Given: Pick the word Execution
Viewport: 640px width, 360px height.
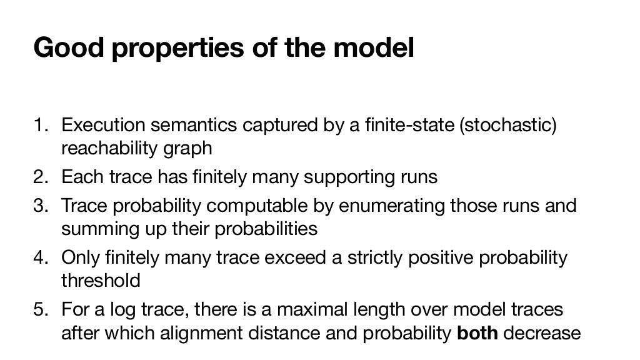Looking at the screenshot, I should coord(99,125).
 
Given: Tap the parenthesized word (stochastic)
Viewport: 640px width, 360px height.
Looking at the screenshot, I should coord(507,125).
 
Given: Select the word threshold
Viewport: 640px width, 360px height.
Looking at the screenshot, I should coord(101,281).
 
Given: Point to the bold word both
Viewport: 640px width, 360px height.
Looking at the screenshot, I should coord(477,332).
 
